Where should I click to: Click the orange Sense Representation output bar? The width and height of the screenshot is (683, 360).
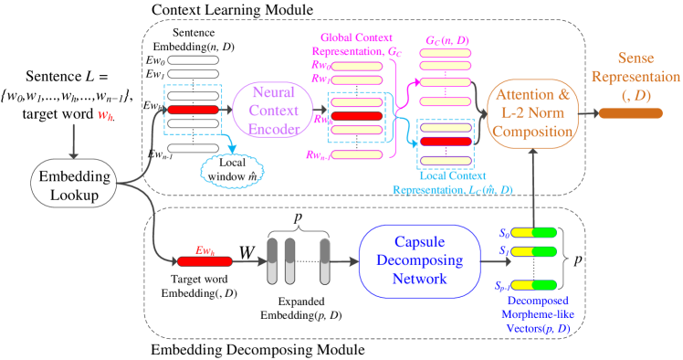(632, 113)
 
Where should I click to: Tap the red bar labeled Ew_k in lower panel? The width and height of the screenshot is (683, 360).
(205, 261)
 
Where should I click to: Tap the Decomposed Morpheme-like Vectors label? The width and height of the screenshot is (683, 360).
(538, 313)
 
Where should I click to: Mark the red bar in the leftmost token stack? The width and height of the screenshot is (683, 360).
(193, 110)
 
